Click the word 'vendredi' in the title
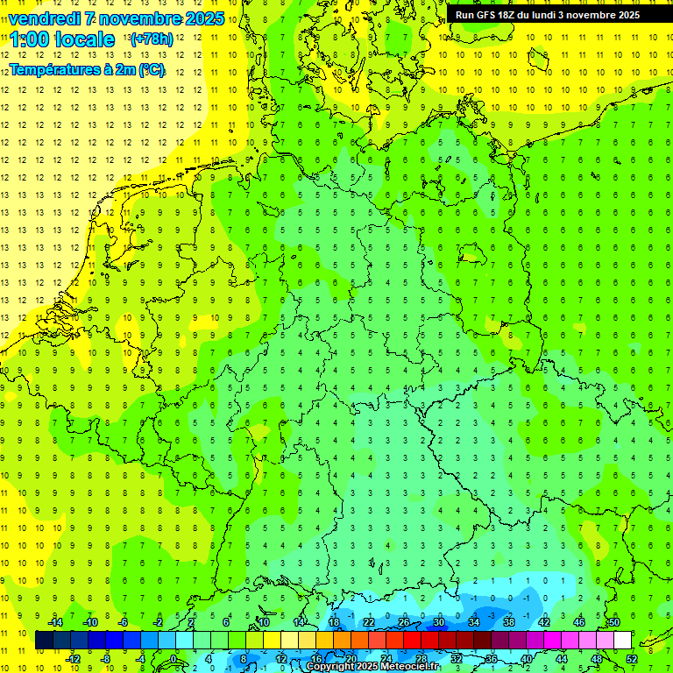click(x=45, y=18)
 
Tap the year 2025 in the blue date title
click(x=201, y=18)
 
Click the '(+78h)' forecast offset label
click(x=151, y=39)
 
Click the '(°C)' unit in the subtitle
click(x=150, y=69)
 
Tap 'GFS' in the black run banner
click(x=488, y=15)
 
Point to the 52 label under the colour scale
click(x=632, y=658)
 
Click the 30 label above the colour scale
click(x=438, y=622)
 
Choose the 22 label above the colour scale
click(x=368, y=622)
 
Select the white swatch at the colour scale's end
click(x=622, y=640)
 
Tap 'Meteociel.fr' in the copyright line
click(x=409, y=667)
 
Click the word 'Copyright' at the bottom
click(x=332, y=667)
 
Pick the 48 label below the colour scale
click(x=596, y=658)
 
